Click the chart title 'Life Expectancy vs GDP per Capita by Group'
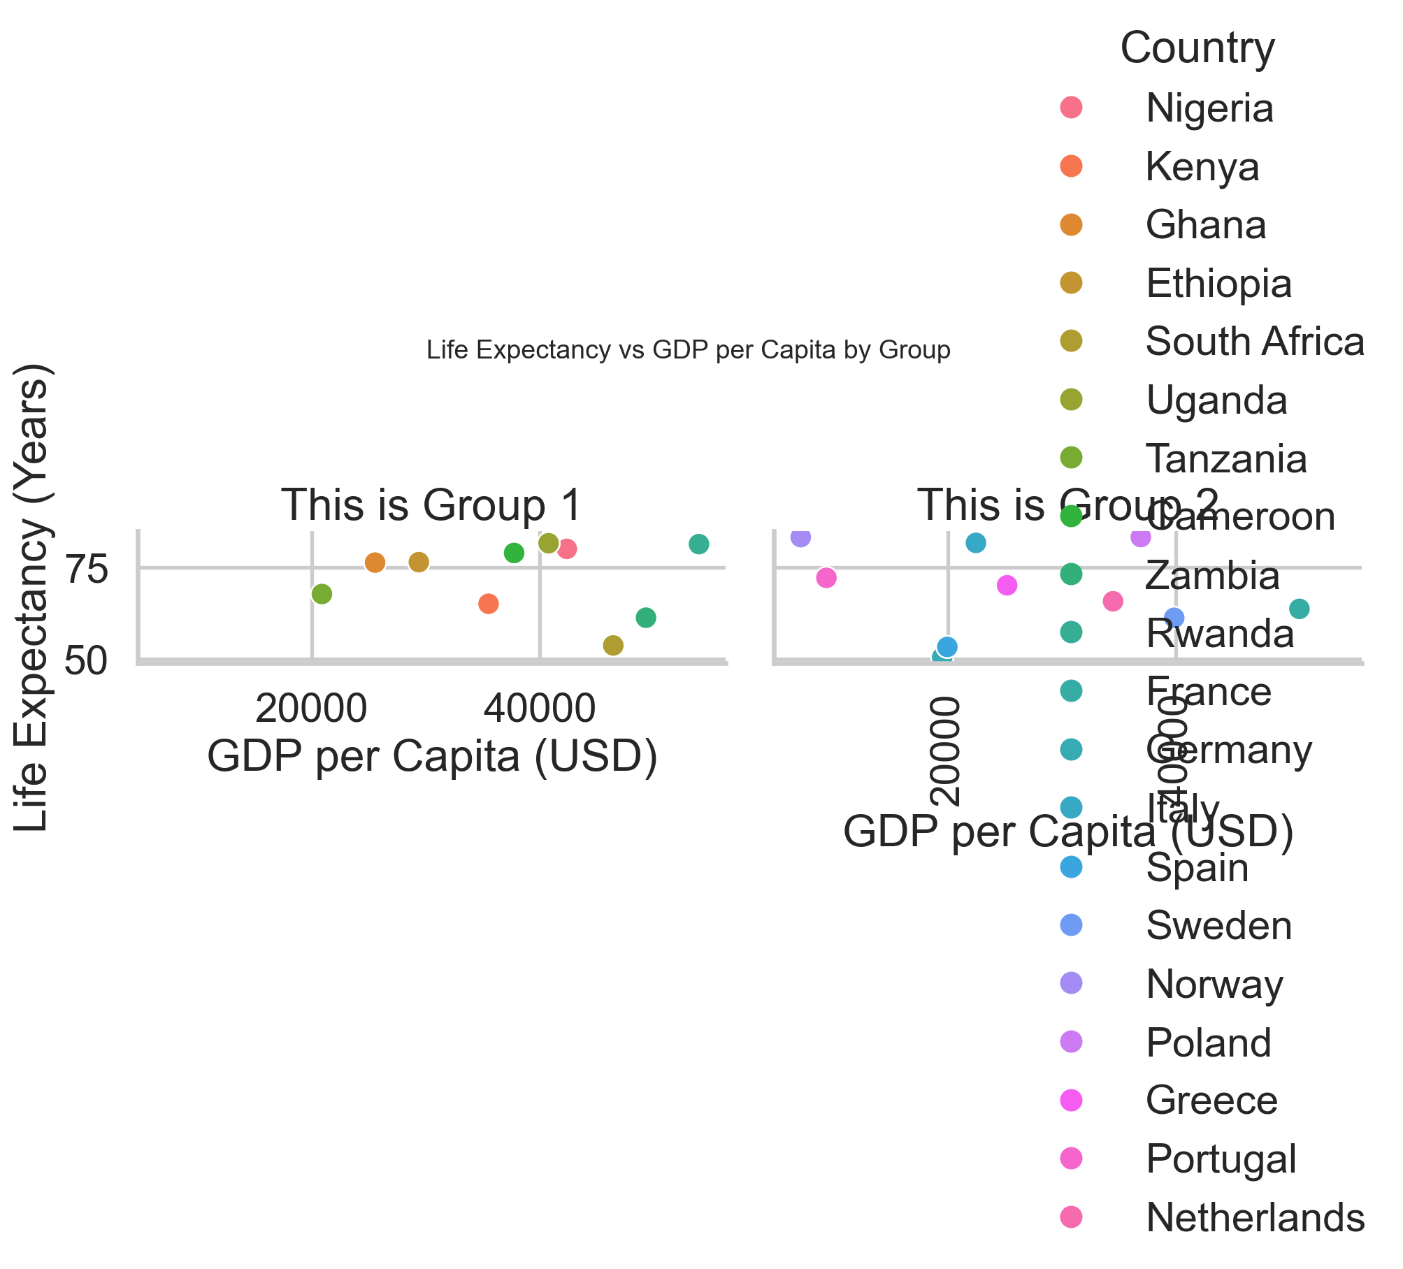tap(688, 349)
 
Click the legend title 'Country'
tap(1197, 48)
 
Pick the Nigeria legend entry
tap(1209, 108)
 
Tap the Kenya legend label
tap(1202, 167)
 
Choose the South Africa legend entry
tap(1254, 342)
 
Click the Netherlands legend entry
tap(1254, 1217)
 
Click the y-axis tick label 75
tap(87, 570)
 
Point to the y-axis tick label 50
tap(87, 661)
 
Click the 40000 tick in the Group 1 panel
tap(540, 709)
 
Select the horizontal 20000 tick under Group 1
tap(311, 709)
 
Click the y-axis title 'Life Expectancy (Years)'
tap(31, 597)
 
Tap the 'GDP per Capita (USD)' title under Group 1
tap(433, 757)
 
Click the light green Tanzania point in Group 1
tap(322, 594)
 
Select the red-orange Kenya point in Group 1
tap(489, 604)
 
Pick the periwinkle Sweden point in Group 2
tap(1174, 618)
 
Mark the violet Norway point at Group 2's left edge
tap(801, 537)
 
